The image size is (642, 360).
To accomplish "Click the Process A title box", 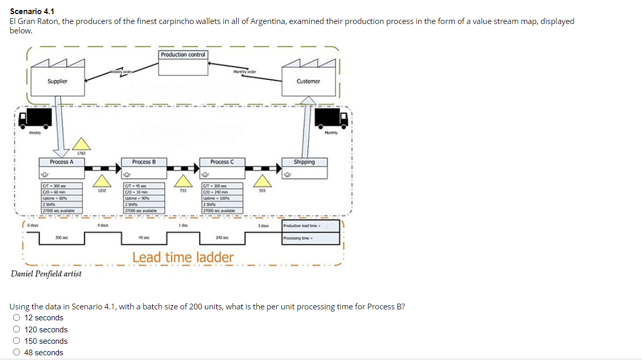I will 62,162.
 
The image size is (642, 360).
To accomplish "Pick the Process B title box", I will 144,162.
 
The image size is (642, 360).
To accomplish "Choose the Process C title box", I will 222,162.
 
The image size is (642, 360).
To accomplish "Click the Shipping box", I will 304,162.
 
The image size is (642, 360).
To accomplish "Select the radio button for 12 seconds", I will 17,318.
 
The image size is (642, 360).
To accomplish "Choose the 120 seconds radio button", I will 17,329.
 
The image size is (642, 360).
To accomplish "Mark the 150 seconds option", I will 17,341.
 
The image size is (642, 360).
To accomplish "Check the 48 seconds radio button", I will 17,352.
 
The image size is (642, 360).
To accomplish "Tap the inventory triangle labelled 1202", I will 102,182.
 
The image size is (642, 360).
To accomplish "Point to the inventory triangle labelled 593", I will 263,182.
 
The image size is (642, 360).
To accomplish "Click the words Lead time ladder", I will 183,257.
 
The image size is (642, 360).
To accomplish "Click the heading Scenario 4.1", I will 32,11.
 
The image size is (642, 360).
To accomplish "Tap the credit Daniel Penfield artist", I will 46,273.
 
